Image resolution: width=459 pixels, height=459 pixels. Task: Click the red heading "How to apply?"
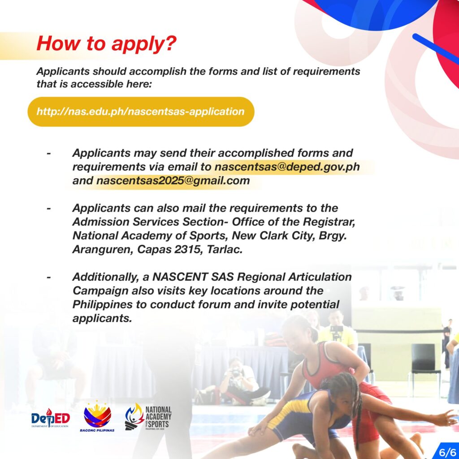click(107, 43)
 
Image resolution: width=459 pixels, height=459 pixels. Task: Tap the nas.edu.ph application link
click(140, 112)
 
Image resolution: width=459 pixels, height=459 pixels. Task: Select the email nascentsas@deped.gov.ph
click(287, 167)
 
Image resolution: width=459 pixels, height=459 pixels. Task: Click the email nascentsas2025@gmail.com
click(173, 180)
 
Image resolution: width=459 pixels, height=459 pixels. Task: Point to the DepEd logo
click(50, 418)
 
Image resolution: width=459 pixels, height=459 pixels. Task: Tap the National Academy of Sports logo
click(148, 417)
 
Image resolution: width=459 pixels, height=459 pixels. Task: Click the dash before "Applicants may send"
click(49, 153)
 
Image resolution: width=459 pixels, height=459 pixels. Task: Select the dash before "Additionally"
click(49, 277)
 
